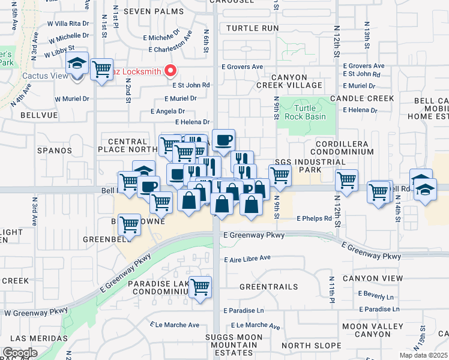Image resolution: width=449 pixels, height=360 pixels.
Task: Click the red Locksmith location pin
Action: (x=170, y=71)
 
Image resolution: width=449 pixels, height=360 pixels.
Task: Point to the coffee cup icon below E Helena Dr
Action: (x=223, y=140)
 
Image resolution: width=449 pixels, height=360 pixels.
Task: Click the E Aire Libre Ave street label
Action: (x=247, y=259)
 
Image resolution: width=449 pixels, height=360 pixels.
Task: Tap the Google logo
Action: (x=20, y=353)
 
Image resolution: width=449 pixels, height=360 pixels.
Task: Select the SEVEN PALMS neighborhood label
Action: (x=148, y=11)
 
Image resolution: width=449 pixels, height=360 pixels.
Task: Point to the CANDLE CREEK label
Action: (x=369, y=98)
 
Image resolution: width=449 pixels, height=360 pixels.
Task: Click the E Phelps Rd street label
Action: (x=314, y=219)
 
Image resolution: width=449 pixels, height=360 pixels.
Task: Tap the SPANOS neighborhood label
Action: (x=55, y=151)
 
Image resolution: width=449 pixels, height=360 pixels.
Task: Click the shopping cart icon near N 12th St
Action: (x=347, y=179)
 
